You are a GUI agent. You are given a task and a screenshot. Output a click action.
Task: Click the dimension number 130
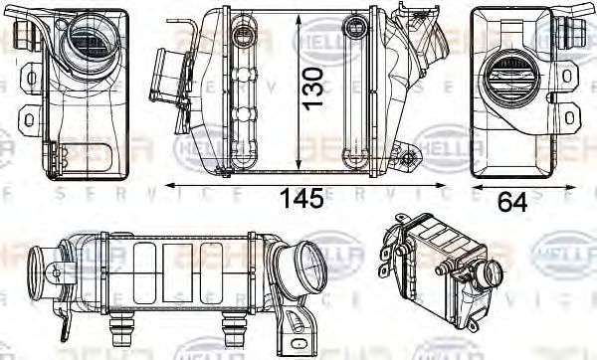314,88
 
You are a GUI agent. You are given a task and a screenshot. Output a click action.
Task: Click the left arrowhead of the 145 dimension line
170,184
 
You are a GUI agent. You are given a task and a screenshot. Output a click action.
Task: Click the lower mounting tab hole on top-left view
27,120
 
